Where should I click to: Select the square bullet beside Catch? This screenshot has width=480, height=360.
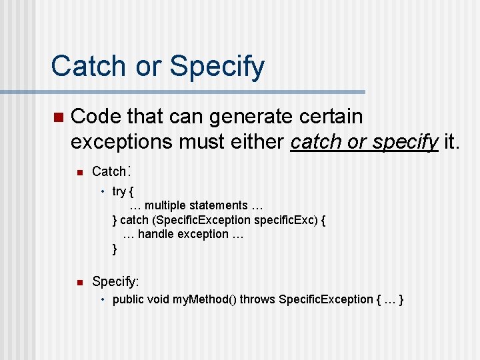(x=77, y=173)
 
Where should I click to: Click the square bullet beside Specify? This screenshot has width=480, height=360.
(x=77, y=282)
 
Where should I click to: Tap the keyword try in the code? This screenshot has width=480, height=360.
(x=119, y=192)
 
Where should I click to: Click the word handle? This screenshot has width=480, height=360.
(x=156, y=234)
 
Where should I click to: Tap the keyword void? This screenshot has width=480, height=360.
(x=159, y=299)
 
